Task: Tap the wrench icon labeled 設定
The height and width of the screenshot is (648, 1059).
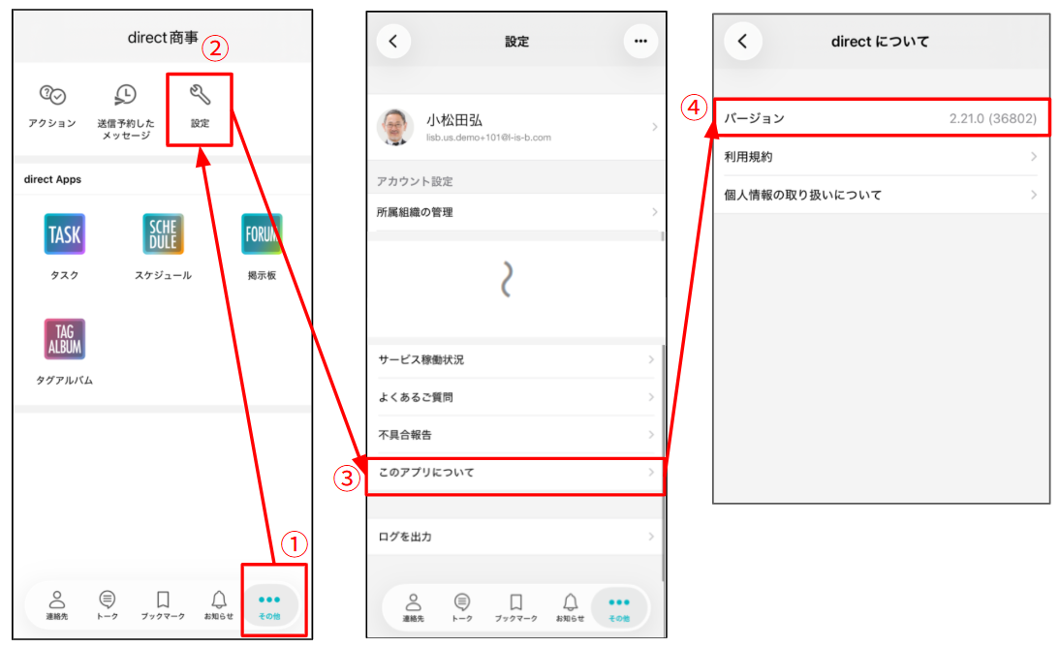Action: pyautogui.click(x=200, y=95)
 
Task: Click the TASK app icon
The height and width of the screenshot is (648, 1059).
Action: pyautogui.click(x=65, y=233)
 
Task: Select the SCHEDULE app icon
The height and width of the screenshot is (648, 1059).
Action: pyautogui.click(x=163, y=233)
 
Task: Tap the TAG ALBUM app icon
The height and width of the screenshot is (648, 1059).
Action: pyautogui.click(x=65, y=339)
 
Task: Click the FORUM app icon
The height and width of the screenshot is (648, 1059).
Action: pyautogui.click(x=262, y=233)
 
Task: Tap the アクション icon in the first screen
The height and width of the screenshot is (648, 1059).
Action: pyautogui.click(x=52, y=95)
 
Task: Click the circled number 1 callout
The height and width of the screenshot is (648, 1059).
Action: pyautogui.click(x=294, y=544)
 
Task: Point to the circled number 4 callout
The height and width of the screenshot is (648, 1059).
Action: pyautogui.click(x=694, y=108)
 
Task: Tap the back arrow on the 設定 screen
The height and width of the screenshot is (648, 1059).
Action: pyautogui.click(x=393, y=42)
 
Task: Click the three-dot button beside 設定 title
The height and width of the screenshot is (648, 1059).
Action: pyautogui.click(x=640, y=42)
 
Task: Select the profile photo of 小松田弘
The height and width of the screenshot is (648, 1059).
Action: pyautogui.click(x=395, y=126)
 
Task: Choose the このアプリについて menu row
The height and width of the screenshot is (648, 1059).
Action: pyautogui.click(x=515, y=473)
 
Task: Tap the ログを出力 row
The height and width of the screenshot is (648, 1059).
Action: pyautogui.click(x=515, y=537)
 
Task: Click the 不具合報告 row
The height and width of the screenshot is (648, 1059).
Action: pyautogui.click(x=515, y=435)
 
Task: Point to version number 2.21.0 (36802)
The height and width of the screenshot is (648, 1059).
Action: pyautogui.click(x=993, y=119)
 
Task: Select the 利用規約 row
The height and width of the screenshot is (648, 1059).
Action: pyautogui.click(x=882, y=157)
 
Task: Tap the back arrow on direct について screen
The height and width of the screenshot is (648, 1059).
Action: pyautogui.click(x=743, y=42)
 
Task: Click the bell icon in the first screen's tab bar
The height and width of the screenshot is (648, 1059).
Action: pyautogui.click(x=219, y=600)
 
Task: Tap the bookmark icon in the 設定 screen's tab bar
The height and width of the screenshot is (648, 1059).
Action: pyautogui.click(x=516, y=602)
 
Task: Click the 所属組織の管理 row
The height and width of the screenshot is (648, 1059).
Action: pyautogui.click(x=515, y=212)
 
